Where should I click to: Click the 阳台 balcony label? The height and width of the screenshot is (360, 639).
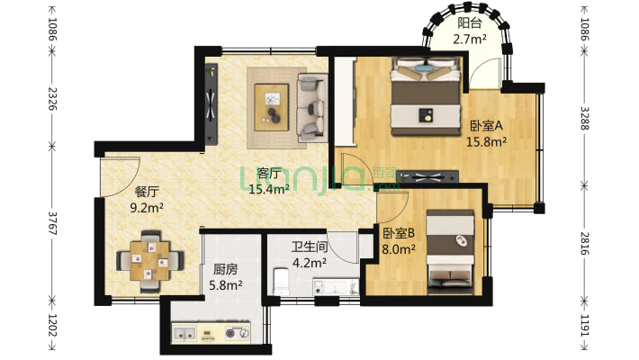[x=469, y=24]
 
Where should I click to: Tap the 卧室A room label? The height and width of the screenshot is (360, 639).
[x=485, y=126]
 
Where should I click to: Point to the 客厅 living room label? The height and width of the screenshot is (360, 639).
[x=268, y=173]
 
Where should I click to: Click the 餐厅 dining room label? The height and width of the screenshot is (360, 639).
[x=147, y=192]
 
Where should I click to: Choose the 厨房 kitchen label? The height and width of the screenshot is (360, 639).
[x=225, y=269]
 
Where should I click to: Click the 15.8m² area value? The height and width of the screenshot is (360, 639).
[x=486, y=141]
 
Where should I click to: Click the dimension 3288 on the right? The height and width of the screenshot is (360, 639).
[x=585, y=118]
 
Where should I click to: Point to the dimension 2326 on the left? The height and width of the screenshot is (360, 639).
[x=51, y=93]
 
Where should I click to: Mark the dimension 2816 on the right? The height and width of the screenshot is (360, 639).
[x=585, y=244]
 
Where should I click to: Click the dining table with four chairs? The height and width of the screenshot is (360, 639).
[x=151, y=259]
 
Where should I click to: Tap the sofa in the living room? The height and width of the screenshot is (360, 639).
[x=312, y=106]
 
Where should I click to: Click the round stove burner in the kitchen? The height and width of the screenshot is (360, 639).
[x=241, y=334]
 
